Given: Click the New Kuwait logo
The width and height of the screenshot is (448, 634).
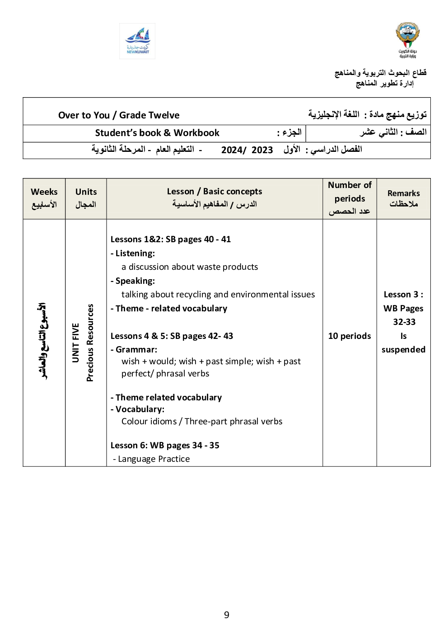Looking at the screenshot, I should [x=137, y=41].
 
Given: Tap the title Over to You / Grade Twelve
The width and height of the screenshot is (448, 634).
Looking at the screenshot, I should [x=119, y=115].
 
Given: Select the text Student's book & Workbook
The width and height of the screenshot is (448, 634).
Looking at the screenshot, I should [x=157, y=133].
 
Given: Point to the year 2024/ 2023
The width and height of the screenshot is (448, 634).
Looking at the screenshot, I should [x=247, y=150].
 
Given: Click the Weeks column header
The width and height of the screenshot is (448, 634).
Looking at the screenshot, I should [x=44, y=198].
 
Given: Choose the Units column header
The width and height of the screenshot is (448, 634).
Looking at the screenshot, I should [x=86, y=198].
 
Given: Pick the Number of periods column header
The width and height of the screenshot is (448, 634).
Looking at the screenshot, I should [x=350, y=198].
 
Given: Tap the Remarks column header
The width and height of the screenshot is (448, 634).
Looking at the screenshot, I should [x=403, y=198].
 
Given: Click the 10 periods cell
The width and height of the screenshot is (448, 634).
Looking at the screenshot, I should [x=350, y=336].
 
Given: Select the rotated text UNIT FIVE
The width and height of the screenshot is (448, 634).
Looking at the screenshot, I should [x=76, y=343].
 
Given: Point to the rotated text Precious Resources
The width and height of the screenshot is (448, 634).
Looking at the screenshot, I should [x=90, y=343].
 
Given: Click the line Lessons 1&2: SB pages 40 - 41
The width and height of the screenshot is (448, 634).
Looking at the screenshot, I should [x=171, y=240].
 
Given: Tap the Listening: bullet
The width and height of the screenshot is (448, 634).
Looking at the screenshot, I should [x=133, y=254].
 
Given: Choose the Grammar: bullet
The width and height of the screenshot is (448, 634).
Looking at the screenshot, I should [x=135, y=349].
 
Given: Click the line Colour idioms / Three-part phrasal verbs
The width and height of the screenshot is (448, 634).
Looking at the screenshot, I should [x=202, y=422].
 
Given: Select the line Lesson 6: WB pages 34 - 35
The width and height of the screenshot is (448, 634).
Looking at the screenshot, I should [x=165, y=446].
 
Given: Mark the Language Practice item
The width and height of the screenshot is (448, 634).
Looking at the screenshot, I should [x=152, y=459].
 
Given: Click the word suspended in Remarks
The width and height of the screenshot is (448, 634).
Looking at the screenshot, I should [x=403, y=350].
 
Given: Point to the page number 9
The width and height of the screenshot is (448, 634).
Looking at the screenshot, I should [x=227, y=615].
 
